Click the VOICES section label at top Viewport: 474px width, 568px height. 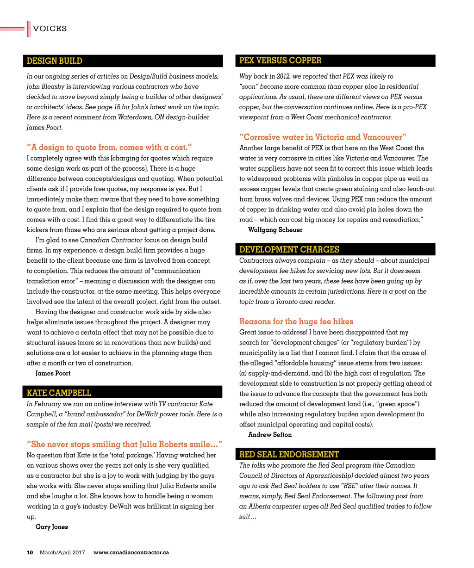point(50,29)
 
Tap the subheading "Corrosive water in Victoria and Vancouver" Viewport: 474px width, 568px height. point(323,137)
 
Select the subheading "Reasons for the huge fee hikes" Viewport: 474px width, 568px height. point(296,321)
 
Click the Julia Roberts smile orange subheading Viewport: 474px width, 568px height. point(125,445)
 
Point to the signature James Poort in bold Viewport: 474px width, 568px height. point(53,373)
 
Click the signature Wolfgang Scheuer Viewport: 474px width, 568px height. point(275,230)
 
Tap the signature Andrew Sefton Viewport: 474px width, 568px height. point(270,435)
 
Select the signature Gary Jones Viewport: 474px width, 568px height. point(51,527)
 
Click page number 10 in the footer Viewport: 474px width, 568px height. point(30,552)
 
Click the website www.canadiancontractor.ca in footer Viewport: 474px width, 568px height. point(131,552)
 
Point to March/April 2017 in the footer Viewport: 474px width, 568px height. point(62,552)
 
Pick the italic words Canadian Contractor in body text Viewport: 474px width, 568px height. point(111,240)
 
